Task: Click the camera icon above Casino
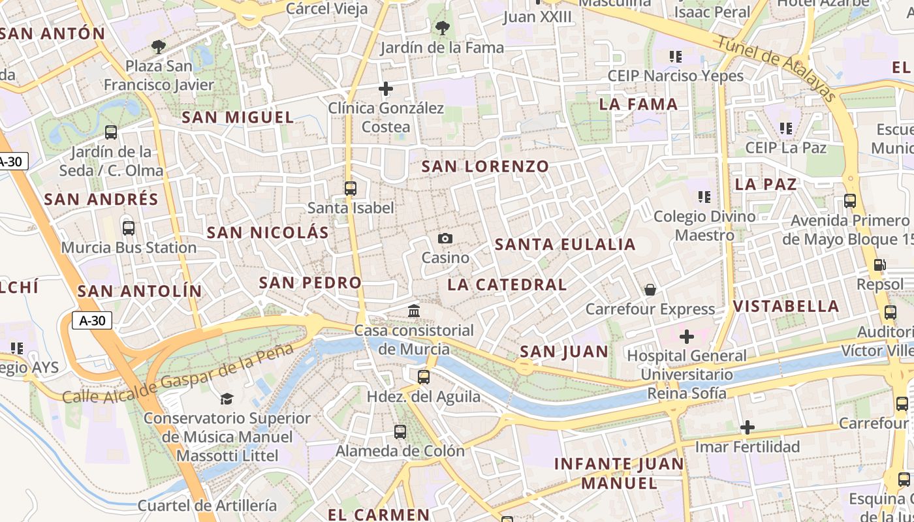click(x=445, y=239)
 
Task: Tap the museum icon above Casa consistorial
click(x=414, y=311)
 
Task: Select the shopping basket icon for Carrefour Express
click(x=650, y=289)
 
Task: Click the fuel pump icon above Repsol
click(x=880, y=265)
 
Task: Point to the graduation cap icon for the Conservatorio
click(x=227, y=398)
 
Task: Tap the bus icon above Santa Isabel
click(x=351, y=189)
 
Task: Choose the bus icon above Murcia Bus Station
click(x=129, y=228)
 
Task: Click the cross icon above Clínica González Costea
click(x=386, y=89)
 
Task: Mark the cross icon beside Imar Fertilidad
click(x=748, y=427)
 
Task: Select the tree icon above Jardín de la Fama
click(x=442, y=28)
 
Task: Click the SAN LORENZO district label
click(x=485, y=166)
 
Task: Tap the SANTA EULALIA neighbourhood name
click(x=565, y=245)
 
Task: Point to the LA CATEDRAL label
click(x=507, y=284)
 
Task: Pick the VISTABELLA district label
click(x=785, y=306)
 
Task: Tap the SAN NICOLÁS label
click(x=268, y=232)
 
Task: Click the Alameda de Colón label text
click(x=400, y=451)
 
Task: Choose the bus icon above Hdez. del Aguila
click(x=424, y=376)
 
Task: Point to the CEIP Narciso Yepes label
click(x=675, y=76)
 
